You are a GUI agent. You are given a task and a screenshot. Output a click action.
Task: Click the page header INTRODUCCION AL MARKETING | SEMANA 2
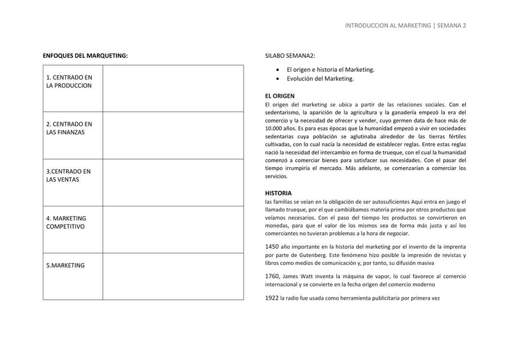point(405,25)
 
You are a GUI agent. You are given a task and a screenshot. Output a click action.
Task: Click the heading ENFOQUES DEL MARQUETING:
point(85,56)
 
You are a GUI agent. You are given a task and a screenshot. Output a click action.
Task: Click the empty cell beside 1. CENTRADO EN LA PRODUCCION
point(173,88)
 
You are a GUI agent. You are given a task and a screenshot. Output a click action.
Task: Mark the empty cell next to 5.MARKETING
point(173,276)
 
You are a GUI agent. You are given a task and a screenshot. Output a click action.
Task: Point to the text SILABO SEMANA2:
point(290,56)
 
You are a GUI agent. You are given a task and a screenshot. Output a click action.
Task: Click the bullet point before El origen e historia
point(278,70)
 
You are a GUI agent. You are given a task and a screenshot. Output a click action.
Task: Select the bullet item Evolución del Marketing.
point(320,79)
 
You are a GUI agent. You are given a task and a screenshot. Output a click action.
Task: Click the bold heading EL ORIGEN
point(280,96)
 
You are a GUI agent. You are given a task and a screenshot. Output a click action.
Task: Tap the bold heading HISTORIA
point(278,193)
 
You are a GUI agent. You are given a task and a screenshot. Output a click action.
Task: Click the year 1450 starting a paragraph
point(272,246)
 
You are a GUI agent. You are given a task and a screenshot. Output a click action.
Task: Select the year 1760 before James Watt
point(272,276)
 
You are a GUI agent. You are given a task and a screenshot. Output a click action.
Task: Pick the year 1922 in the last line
point(272,298)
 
